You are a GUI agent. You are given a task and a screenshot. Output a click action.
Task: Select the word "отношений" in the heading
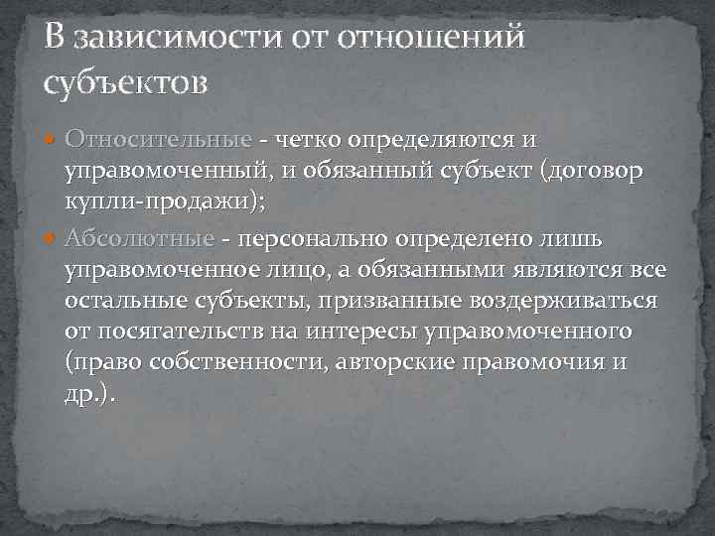click(x=431, y=39)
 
